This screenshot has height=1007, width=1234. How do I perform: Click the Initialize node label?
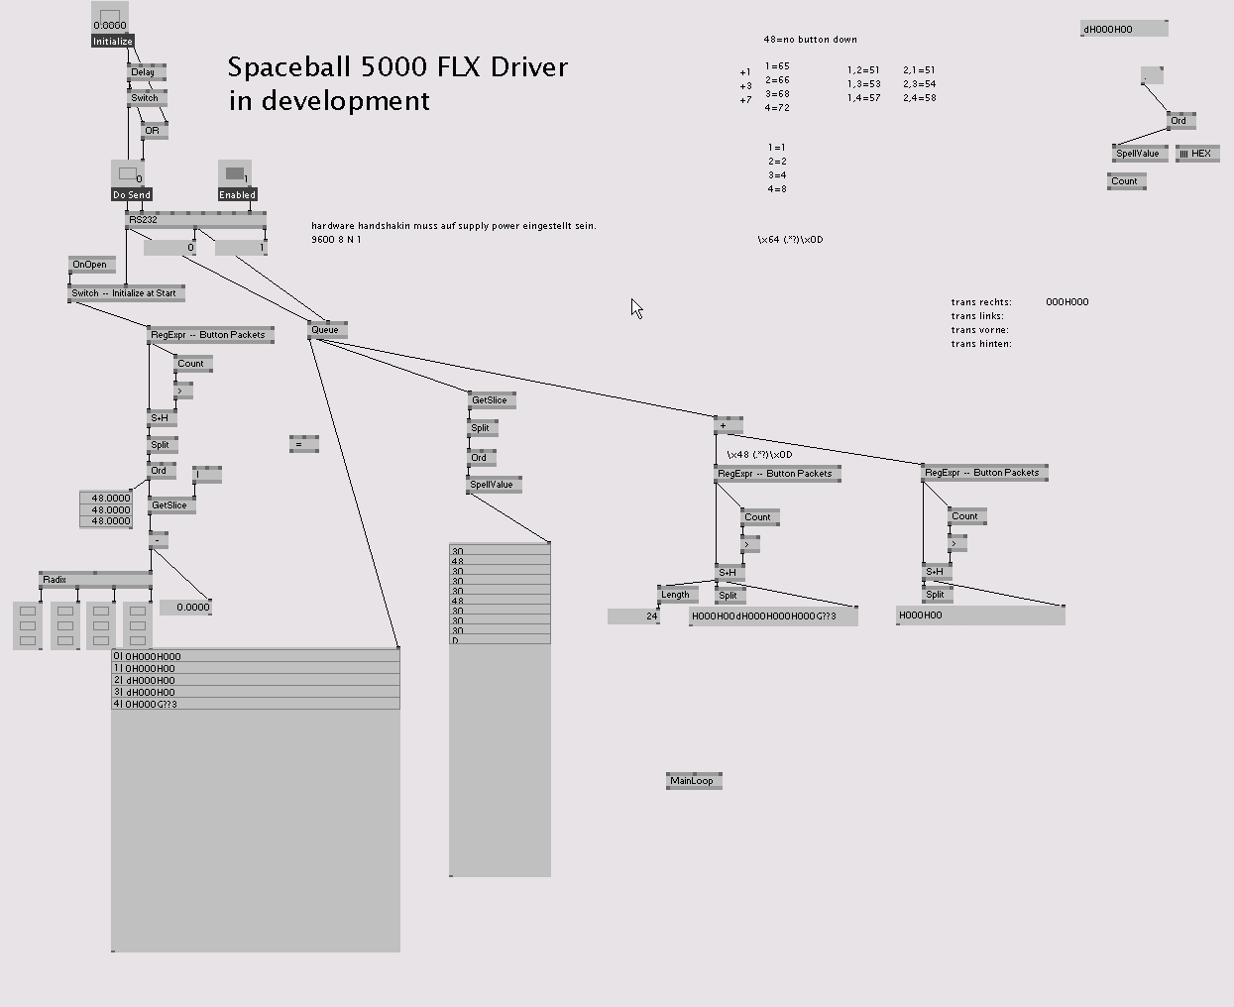point(112,42)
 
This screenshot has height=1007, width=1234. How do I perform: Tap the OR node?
point(154,131)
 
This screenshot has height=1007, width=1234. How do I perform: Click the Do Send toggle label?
point(132,195)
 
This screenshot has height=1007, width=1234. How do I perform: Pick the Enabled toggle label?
point(237,195)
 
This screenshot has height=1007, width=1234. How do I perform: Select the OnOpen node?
point(91,265)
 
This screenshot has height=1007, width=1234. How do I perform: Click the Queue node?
point(326,330)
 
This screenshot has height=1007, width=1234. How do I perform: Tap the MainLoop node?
point(693,781)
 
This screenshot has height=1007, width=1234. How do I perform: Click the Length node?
point(677,595)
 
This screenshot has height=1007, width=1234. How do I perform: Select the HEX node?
point(1197,154)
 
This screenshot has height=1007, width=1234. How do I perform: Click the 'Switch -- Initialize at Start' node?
point(126,293)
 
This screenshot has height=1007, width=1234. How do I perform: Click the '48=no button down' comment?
point(810,40)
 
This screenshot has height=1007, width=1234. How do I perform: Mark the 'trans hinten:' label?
point(981,344)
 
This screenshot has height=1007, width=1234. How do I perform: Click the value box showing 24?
point(634,616)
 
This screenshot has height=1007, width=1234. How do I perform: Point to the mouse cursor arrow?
point(636,308)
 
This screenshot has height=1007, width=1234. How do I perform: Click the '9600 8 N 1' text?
point(336,240)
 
